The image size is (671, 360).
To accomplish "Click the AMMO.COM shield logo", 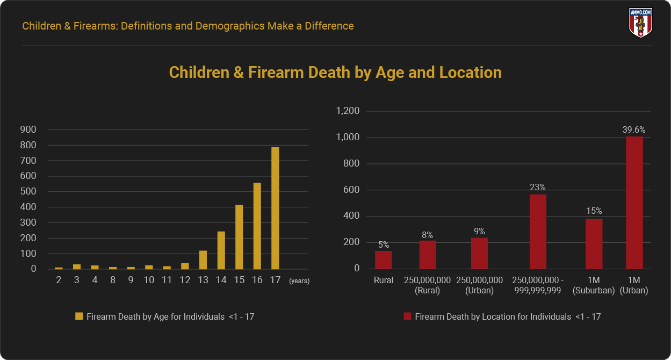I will coord(640,23).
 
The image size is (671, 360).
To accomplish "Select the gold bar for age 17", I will coord(275,208).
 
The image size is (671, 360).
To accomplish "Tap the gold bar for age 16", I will coord(257,226).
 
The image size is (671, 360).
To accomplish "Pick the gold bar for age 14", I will coord(221,250).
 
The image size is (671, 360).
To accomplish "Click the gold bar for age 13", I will coord(203,260).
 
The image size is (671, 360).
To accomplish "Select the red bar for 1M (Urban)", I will coord(634,203).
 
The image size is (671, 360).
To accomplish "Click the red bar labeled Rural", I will coord(383,260).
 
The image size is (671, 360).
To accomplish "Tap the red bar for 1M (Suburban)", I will coord(594,243).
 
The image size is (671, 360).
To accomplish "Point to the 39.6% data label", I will coord(634,129).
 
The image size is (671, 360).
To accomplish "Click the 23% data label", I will coord(537,188).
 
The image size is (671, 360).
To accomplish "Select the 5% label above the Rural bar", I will coord(383,244).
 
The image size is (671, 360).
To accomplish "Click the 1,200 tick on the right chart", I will coord(347,111).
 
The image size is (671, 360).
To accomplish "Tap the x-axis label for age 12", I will coord(185,280).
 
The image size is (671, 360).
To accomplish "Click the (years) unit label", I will coord(299,280).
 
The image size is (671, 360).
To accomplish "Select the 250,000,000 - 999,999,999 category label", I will coord(537,285).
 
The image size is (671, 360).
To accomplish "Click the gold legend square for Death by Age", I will coord(79,317).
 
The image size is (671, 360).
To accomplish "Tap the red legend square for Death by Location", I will coord(407,317).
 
